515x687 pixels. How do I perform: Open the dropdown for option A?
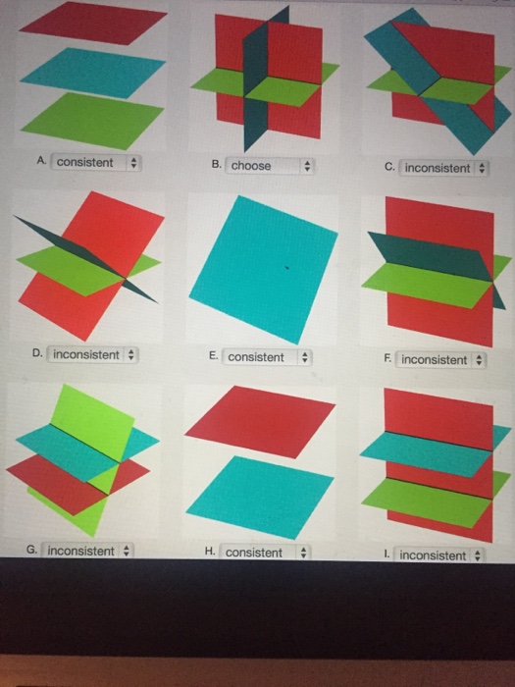(x=96, y=163)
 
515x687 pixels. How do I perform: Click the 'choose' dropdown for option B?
(x=269, y=166)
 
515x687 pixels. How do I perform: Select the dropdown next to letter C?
(x=443, y=168)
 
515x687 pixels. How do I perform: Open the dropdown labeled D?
(x=92, y=354)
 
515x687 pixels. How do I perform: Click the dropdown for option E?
(x=266, y=357)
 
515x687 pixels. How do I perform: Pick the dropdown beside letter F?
(x=440, y=360)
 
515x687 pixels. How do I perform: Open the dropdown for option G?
(x=87, y=551)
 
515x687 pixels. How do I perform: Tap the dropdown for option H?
(x=265, y=553)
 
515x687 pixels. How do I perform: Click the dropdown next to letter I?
(x=438, y=555)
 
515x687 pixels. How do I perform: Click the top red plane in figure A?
(x=93, y=24)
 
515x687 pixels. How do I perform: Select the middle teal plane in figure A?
(x=93, y=73)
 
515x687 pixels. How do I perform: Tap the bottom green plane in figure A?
(x=93, y=121)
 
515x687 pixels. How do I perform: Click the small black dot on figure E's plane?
(x=286, y=267)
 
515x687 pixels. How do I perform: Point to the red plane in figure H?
(x=260, y=421)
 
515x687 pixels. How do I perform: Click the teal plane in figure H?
(x=260, y=498)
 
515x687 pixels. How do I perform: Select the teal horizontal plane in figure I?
(x=427, y=453)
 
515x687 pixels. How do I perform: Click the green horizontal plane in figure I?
(x=427, y=502)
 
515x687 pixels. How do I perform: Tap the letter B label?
(x=216, y=164)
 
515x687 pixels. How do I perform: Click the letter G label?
(x=31, y=549)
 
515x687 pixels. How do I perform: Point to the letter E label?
(x=213, y=355)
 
